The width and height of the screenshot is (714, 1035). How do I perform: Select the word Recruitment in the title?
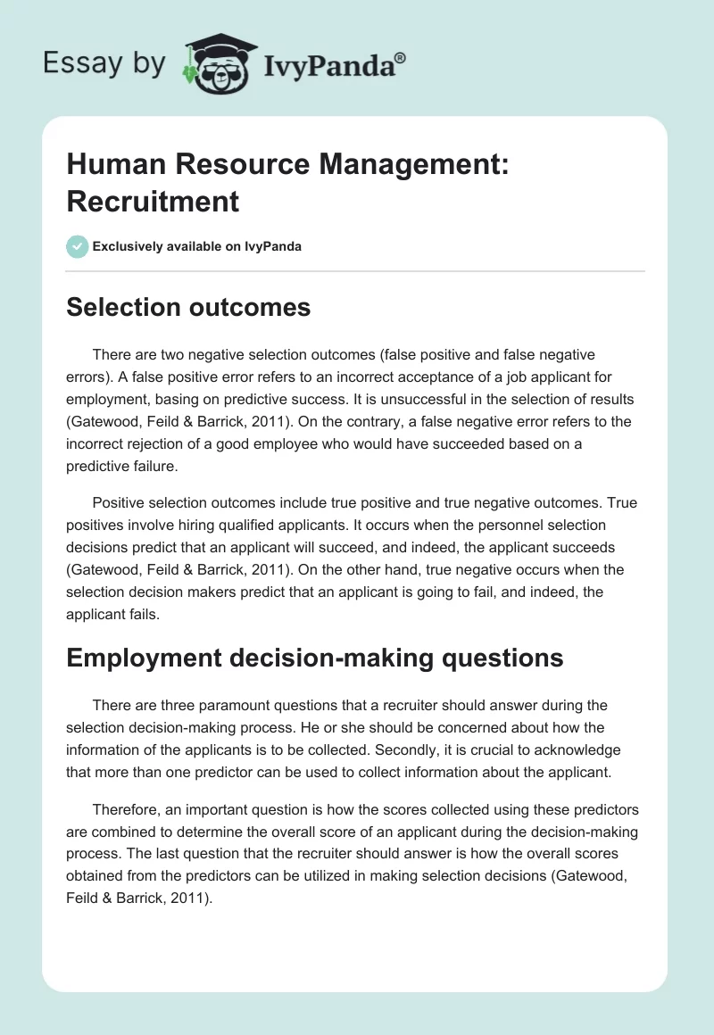tap(153, 201)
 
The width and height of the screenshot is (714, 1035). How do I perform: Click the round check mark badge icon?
tap(78, 246)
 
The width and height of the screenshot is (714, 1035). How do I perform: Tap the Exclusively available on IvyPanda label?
tap(197, 246)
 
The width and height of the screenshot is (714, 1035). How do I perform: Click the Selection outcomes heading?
tap(188, 308)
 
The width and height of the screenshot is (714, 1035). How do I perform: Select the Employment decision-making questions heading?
tap(315, 658)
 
